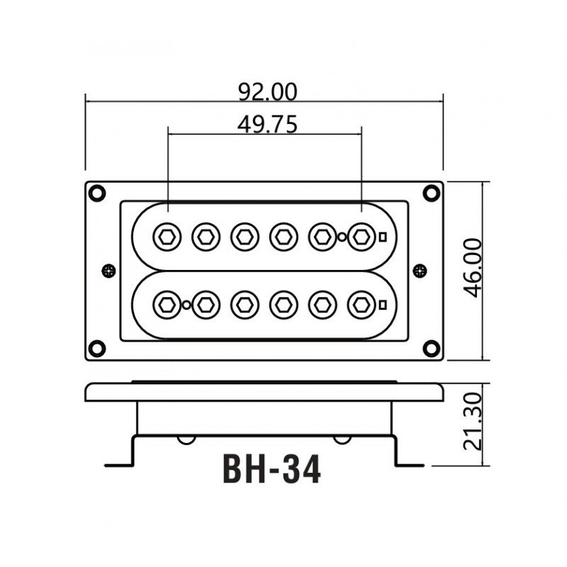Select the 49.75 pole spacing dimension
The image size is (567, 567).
click(x=267, y=125)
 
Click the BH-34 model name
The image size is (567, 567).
click(x=271, y=468)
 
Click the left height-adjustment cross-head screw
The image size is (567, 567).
click(x=108, y=270)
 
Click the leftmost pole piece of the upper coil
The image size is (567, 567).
click(x=167, y=236)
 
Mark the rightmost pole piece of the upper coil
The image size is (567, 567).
click(x=361, y=236)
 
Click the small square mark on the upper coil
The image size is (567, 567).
click(x=383, y=237)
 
